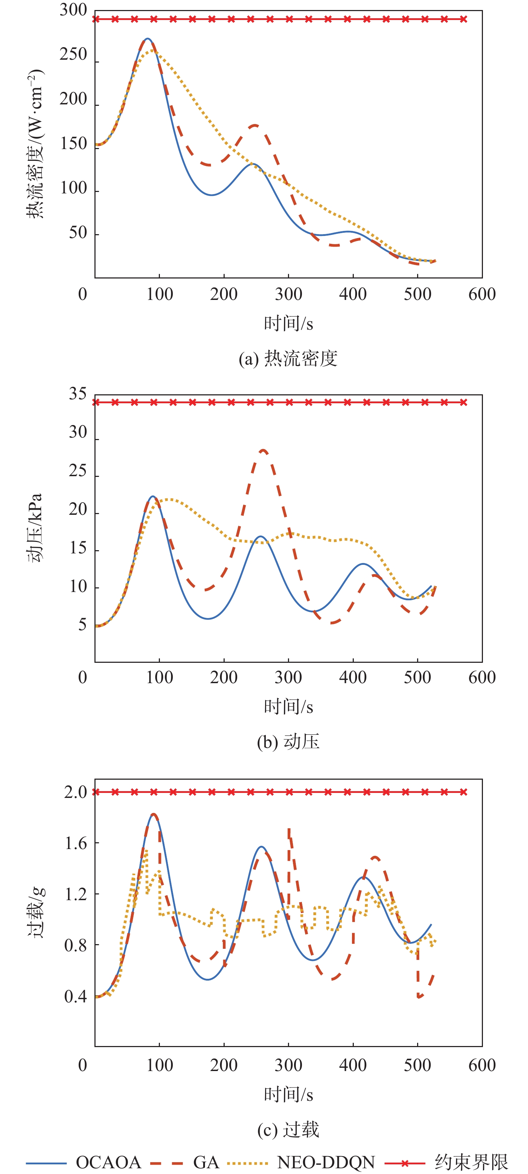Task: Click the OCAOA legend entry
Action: point(108,1162)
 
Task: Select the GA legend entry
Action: point(206,1162)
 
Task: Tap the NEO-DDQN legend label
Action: point(326,1162)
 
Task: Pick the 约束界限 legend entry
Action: point(471,1162)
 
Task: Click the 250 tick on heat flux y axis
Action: point(73,55)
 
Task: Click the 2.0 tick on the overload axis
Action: point(75,792)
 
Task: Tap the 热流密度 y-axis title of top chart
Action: point(35,144)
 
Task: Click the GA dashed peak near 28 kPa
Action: point(263,450)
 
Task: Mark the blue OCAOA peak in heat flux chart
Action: point(147,39)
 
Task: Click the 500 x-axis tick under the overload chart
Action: point(417,1066)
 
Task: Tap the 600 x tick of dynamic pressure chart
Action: point(481,678)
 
